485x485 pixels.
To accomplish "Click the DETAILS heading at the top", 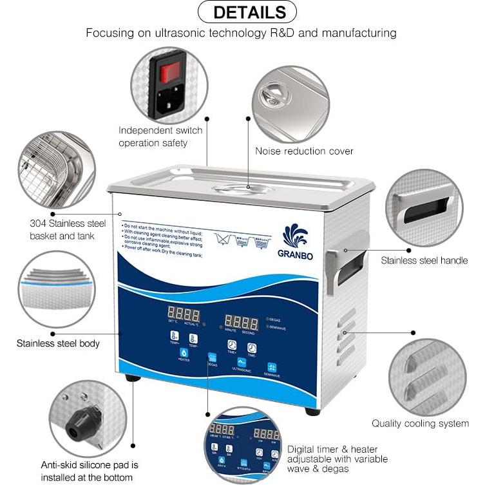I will coord(248,12).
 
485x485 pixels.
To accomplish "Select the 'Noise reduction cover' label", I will coord(304,151).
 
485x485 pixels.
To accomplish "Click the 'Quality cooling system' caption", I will coord(420,423).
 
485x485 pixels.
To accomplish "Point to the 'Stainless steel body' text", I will coord(58,343).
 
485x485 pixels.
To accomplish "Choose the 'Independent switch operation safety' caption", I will coord(160,137).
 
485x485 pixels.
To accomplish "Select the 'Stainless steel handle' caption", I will coord(424,260).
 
